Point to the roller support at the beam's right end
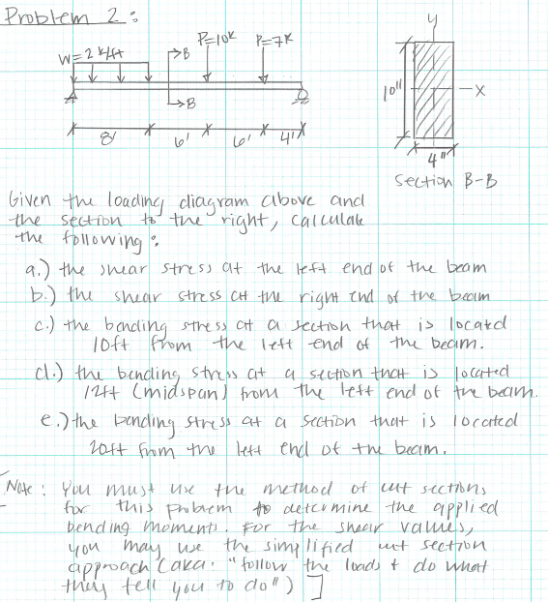[x=304, y=94]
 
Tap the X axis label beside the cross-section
[x=494, y=91]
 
